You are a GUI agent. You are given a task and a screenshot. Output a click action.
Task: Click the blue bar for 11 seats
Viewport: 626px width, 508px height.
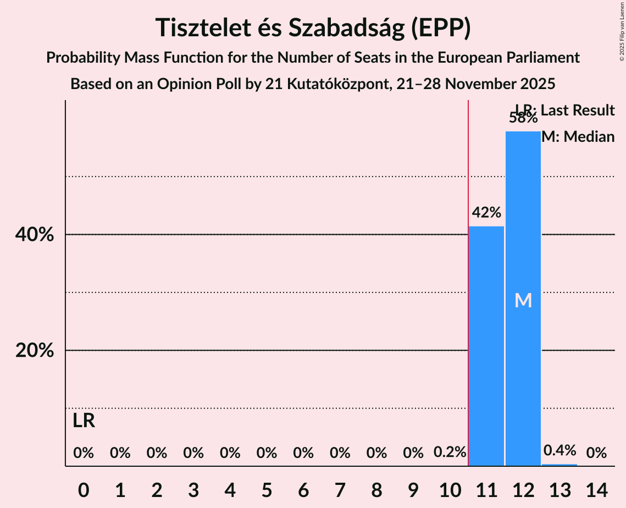[x=486, y=346]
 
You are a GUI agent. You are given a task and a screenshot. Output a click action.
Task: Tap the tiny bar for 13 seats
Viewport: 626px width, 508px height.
[x=559, y=465]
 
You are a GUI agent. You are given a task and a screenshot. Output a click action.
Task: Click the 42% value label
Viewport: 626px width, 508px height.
[x=486, y=213]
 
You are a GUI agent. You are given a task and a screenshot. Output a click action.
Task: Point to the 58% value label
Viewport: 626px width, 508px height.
[x=523, y=118]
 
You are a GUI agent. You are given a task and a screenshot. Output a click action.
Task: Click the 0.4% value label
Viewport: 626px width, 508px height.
[x=559, y=451]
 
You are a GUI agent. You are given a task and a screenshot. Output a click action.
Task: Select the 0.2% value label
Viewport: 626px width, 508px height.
[x=450, y=452]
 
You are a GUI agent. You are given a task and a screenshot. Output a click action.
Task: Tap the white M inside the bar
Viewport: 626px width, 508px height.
[x=523, y=301]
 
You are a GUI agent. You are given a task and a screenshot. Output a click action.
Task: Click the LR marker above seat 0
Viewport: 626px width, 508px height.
[x=84, y=421]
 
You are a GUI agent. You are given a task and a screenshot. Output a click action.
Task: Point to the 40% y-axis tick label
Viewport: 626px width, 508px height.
[x=35, y=235]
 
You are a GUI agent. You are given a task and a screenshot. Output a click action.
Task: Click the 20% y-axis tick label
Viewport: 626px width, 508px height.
[x=35, y=351]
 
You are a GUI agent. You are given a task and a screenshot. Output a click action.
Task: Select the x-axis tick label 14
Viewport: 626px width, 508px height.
[x=596, y=489]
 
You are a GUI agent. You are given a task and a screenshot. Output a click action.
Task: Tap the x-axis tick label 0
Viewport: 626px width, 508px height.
[x=84, y=489]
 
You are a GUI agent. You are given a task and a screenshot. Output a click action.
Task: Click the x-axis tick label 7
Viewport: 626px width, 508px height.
[x=340, y=489]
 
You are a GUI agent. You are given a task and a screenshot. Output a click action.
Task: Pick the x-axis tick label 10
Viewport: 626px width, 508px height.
[x=450, y=489]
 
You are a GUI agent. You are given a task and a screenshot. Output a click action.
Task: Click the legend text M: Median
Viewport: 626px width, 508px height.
[x=578, y=137]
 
